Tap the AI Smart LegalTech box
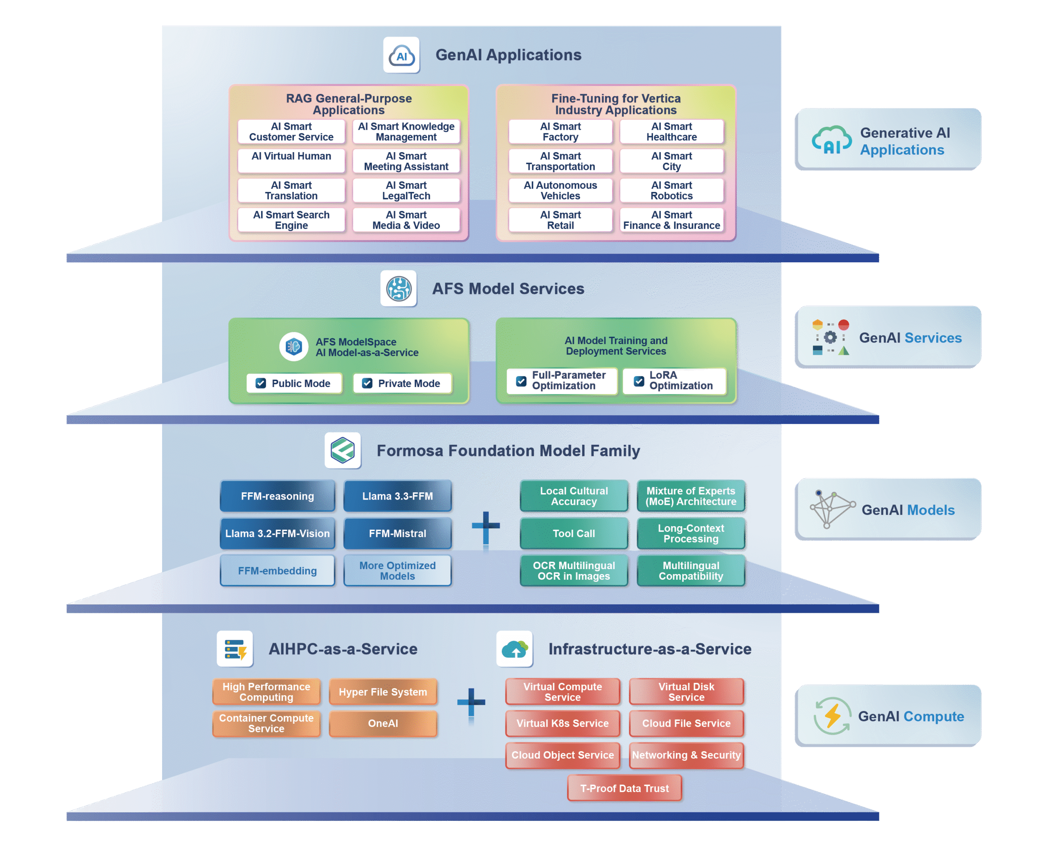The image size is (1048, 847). click(406, 190)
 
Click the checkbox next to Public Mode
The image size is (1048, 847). click(261, 383)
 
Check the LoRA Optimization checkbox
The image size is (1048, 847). click(639, 381)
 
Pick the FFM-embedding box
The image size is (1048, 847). click(277, 570)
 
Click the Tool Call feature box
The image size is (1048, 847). click(574, 533)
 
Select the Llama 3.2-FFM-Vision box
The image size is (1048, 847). click(277, 533)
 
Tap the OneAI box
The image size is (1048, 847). click(383, 723)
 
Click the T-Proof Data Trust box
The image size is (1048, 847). click(624, 788)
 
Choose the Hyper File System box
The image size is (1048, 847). click(383, 692)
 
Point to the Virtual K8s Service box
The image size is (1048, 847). click(562, 723)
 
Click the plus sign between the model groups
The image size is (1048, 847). click(486, 526)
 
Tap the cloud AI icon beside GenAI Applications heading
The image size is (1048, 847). click(401, 55)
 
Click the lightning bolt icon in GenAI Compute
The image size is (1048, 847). click(832, 716)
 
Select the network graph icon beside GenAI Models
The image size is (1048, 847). click(831, 509)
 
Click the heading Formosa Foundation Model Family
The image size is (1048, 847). click(508, 451)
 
